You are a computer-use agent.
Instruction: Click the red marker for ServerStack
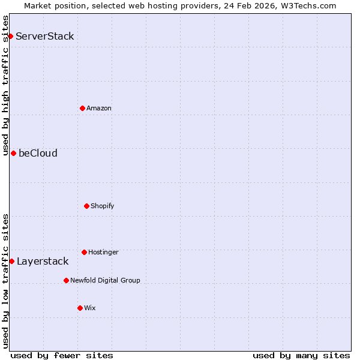tap(10, 36)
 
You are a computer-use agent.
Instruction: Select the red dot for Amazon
tap(82, 108)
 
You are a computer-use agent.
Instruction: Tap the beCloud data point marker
tap(13, 153)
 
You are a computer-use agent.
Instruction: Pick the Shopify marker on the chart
tap(86, 206)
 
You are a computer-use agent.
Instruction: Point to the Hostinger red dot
tap(84, 252)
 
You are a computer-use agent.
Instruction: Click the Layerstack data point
tap(11, 261)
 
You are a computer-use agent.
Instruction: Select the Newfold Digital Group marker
tap(66, 280)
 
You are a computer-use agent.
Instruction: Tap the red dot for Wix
tap(80, 308)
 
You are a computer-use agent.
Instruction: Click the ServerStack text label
tap(45, 36)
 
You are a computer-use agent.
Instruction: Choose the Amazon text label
tap(99, 108)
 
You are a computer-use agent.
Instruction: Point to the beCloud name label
tap(38, 153)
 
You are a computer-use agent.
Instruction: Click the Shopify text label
tap(103, 206)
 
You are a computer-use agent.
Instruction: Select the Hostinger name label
tap(103, 252)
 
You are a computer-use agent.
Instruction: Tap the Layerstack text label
tap(43, 261)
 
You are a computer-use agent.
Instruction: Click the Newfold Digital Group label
tap(105, 280)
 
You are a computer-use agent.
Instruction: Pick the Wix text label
tap(90, 308)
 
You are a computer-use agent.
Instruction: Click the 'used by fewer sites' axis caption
tap(62, 355)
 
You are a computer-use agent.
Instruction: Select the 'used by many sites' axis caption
tap(301, 355)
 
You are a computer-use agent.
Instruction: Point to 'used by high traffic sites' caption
tap(5, 85)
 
